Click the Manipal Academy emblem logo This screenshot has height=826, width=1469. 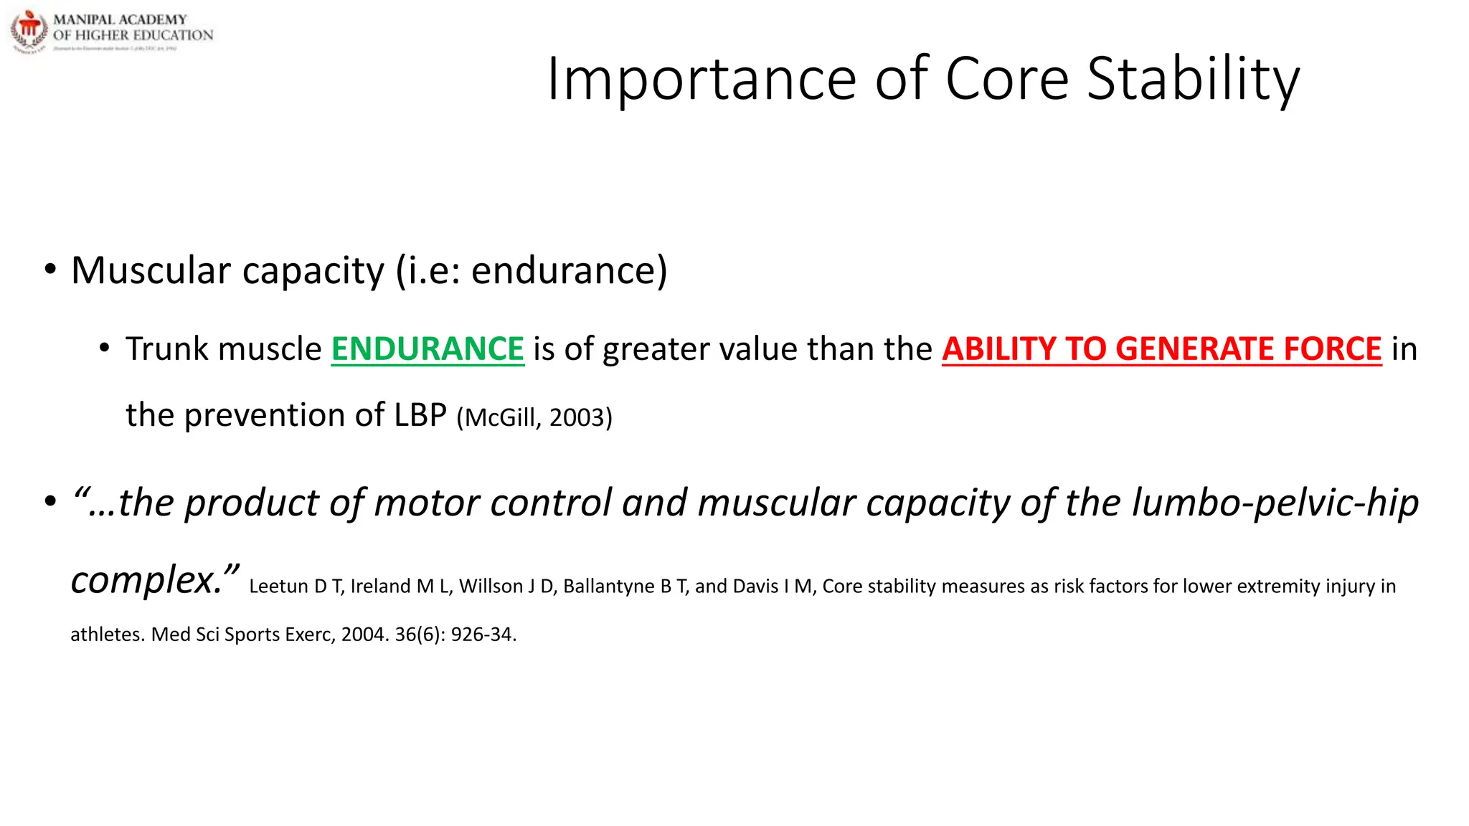tap(29, 31)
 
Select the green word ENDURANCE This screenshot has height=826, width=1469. tap(428, 349)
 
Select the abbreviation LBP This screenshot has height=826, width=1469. tap(420, 415)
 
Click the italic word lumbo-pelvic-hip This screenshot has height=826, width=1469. tap(1275, 503)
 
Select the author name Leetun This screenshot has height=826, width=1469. tap(278, 587)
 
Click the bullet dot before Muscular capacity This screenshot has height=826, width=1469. tap(49, 270)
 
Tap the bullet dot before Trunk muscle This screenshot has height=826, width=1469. tap(105, 349)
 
